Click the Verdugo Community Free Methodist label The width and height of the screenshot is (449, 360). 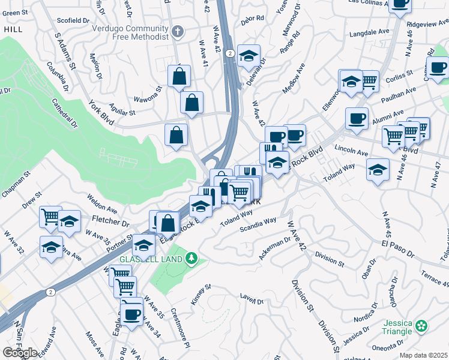130,32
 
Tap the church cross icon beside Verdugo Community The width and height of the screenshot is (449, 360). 177,31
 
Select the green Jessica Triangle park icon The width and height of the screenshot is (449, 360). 422,326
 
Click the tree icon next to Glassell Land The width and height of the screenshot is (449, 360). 191,259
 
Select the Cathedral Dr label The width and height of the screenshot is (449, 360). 65,114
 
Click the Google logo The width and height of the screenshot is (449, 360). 20,353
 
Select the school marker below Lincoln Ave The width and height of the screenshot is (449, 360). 378,170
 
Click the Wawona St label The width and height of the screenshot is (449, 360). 148,95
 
